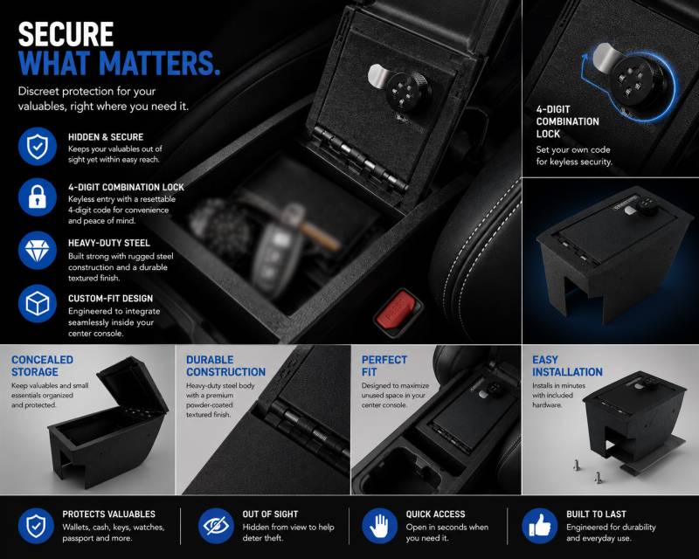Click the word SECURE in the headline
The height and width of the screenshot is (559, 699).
point(66,34)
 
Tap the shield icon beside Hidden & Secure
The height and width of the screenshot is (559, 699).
point(38,146)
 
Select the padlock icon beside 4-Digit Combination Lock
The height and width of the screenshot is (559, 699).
point(38,197)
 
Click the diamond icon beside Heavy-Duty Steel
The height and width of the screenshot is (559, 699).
point(38,250)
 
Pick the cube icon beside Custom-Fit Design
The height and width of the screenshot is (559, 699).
point(38,304)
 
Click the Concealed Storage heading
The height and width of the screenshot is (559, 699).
point(42,366)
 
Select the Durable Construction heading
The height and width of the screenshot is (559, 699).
point(225,366)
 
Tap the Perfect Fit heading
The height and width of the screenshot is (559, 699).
point(384,366)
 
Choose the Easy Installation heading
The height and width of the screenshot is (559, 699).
point(567,366)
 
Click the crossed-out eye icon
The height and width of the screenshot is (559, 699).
point(216,526)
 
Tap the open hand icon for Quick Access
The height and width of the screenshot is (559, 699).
point(380,526)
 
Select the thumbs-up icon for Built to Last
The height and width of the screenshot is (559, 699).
point(539,526)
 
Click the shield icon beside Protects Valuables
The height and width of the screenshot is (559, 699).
point(36,526)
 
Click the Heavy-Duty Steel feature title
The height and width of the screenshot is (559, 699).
point(108,243)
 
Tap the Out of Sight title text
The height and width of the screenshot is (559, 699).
point(270,514)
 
